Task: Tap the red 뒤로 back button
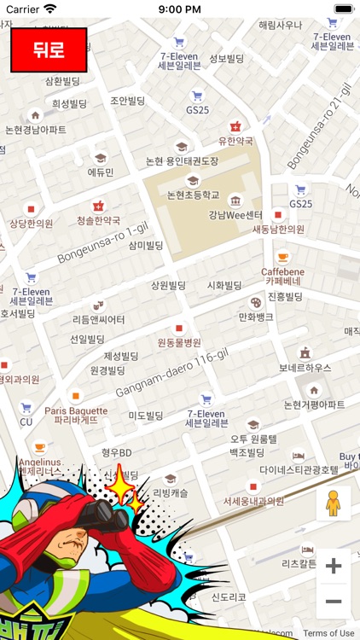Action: pos(49,49)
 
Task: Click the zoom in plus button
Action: pos(334,566)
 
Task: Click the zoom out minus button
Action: pos(334,602)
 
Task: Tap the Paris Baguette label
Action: pos(76,415)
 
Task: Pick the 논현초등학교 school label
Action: pos(193,195)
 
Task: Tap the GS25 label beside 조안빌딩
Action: pos(197,110)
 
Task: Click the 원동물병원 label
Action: pos(179,342)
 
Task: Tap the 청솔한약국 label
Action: pos(98,220)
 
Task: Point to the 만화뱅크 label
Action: pos(255,317)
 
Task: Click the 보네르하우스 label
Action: pos(305,368)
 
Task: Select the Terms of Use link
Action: pos(328,633)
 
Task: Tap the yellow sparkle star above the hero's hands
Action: pos(122,488)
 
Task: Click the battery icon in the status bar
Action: pos(343,9)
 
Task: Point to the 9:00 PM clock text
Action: pos(179,9)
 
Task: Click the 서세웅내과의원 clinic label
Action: pos(253,502)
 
